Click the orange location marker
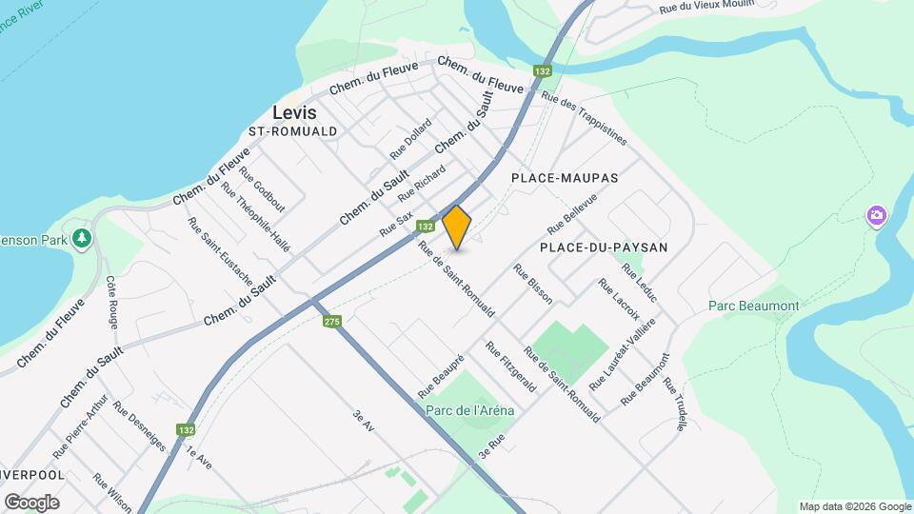pos(457,227)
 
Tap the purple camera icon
pos(876,216)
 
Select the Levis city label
pos(294,111)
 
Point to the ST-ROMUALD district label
pos(292,131)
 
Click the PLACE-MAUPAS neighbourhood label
pos(565,178)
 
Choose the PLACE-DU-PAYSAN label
pos(604,247)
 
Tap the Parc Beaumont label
pos(754,306)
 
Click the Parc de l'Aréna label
pos(469,410)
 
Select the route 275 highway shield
pos(331,322)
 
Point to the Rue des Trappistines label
pos(584,118)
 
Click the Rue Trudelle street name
pos(674,405)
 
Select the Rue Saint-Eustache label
pos(220,251)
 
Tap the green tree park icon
pos(83,237)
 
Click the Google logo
pos(31,502)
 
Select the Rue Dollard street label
pos(410,139)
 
